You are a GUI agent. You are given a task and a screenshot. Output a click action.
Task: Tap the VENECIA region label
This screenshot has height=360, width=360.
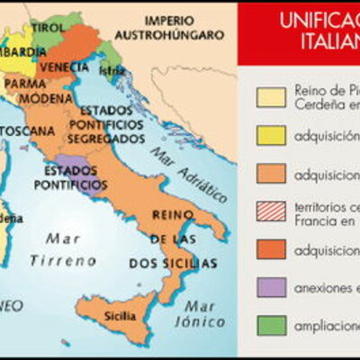tap(65, 67)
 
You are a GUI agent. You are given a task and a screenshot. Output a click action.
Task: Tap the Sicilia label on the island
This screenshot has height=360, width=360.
tap(121, 316)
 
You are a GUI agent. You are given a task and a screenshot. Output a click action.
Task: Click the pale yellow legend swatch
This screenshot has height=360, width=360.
tap(271, 96)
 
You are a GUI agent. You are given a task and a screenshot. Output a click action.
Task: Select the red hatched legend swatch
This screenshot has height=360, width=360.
tap(271, 211)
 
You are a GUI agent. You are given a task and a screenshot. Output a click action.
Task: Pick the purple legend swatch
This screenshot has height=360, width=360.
tap(271, 287)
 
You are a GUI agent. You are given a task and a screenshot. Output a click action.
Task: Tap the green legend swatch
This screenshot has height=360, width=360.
tap(271, 326)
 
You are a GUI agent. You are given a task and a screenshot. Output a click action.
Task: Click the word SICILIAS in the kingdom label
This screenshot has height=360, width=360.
tap(191, 264)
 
